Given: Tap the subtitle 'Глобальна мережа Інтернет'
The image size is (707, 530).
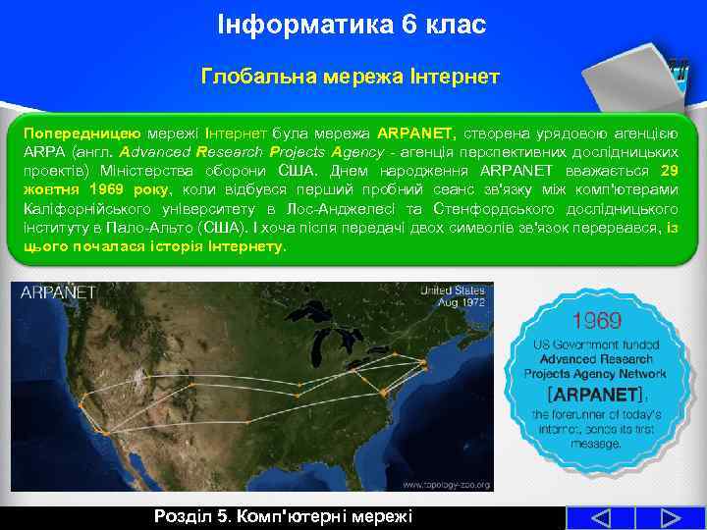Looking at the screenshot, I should click(x=352, y=76).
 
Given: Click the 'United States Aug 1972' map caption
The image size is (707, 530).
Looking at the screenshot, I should click(x=454, y=296).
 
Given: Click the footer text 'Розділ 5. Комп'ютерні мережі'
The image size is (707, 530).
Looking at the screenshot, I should click(x=283, y=517).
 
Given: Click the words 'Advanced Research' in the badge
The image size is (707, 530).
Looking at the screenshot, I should click(x=595, y=360).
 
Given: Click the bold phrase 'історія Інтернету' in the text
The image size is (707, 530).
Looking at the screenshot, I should click(x=226, y=246).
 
